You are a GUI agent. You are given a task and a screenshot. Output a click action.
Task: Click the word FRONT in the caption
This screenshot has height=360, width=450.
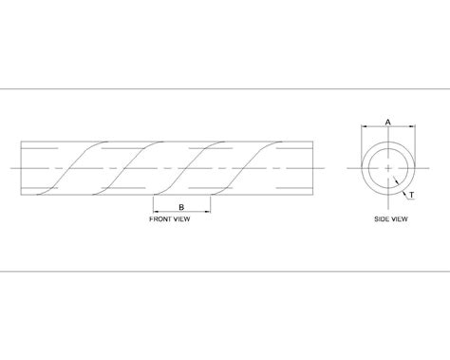162,218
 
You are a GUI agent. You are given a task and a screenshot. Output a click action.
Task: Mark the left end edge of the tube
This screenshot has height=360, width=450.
21,168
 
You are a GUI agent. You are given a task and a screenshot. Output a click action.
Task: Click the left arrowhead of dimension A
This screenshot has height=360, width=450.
362,128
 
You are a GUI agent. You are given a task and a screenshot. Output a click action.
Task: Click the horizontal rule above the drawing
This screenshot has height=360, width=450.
225,88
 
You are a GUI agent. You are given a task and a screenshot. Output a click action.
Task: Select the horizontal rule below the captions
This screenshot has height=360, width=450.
225,269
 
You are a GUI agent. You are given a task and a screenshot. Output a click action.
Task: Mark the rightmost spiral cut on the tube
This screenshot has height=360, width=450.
256,168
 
